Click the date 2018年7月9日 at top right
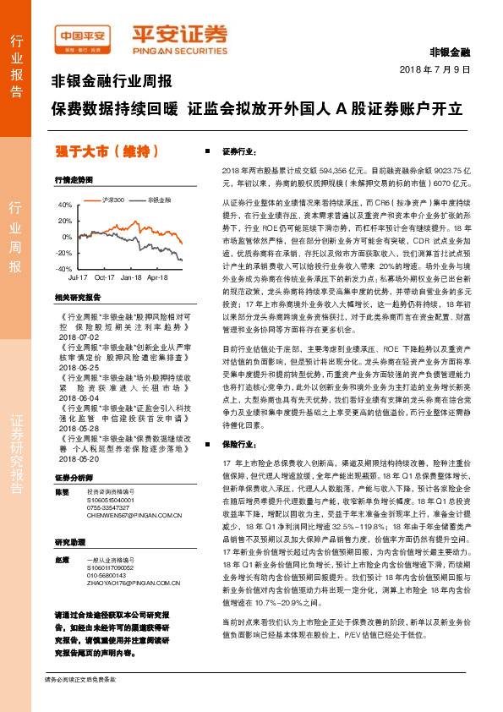(x=434, y=69)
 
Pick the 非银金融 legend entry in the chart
(x=158, y=200)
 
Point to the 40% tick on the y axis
(x=65, y=205)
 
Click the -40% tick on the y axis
(x=63, y=268)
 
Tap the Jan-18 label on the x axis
(x=131, y=277)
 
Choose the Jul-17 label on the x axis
(x=78, y=277)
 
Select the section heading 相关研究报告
(x=77, y=297)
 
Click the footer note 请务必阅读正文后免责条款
(x=79, y=703)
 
